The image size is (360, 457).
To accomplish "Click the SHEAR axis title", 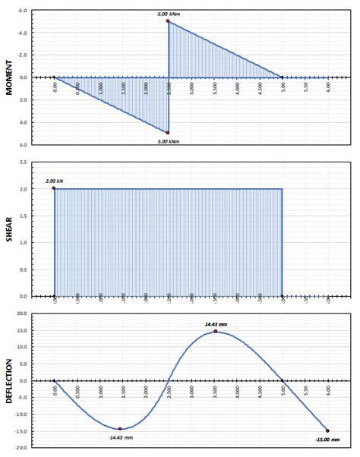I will coord(9,229).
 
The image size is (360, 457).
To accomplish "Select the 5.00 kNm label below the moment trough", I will coord(169,141).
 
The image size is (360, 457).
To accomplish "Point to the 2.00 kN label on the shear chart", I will coord(55,181).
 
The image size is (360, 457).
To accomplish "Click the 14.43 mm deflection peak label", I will coord(216,324).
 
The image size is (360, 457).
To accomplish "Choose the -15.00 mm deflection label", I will coord(327,439).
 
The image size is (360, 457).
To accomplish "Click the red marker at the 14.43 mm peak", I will coord(216,331).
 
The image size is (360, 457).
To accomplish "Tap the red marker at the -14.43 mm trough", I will coord(119,429).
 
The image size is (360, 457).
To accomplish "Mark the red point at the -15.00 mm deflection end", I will coord(327,430).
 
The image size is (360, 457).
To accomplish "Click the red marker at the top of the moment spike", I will coord(168,21).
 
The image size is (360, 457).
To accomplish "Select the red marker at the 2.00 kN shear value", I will coord(54,188).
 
